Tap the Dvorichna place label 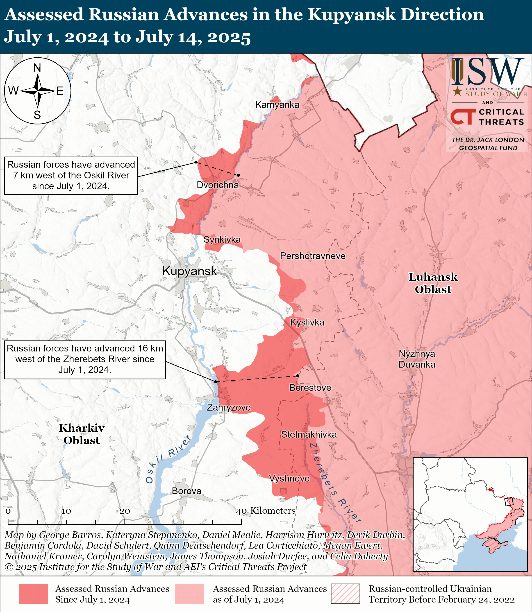click(x=218, y=185)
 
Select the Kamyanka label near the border click(x=277, y=105)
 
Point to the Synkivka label click(x=222, y=239)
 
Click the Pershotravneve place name click(x=313, y=256)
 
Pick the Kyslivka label click(x=307, y=323)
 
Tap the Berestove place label click(x=310, y=388)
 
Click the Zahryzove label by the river click(x=229, y=407)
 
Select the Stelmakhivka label click(x=309, y=435)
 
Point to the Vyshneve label click(x=289, y=479)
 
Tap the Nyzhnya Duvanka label click(x=417, y=359)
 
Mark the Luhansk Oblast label click(x=433, y=283)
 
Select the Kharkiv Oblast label click(x=82, y=434)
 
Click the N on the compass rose click(x=37, y=68)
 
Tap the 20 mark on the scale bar click(x=125, y=511)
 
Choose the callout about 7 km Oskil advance click(x=71, y=176)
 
